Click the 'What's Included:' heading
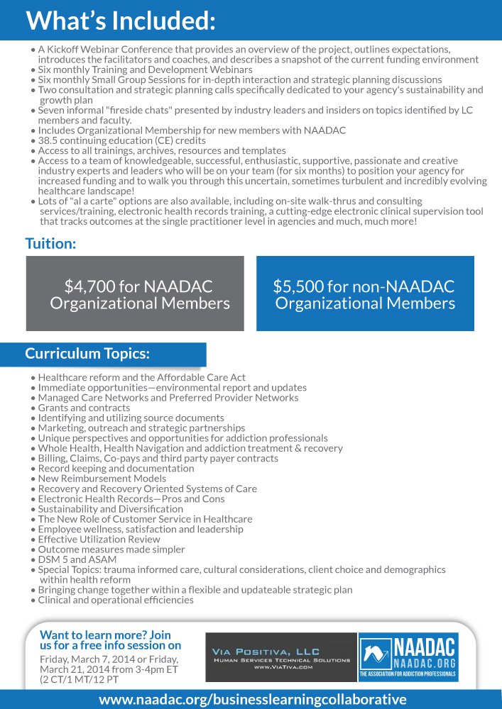(121, 21)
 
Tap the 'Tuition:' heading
(50, 243)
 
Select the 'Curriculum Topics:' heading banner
(87, 353)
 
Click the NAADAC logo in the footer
(408, 658)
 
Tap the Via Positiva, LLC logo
(281, 658)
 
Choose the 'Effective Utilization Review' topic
(99, 539)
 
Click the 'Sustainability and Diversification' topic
(110, 508)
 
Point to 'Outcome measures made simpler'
(111, 549)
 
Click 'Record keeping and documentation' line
(116, 468)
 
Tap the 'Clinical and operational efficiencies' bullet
(116, 600)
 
